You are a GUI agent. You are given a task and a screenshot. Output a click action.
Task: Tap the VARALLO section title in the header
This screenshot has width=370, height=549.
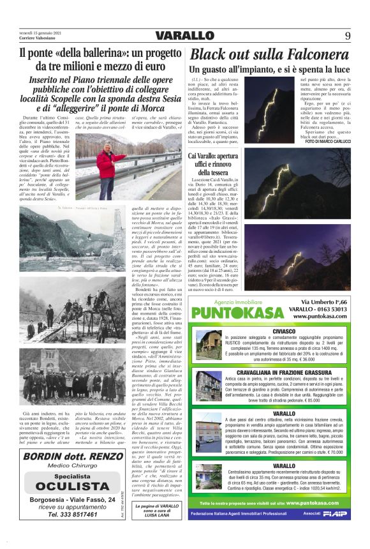coord(184,35)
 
